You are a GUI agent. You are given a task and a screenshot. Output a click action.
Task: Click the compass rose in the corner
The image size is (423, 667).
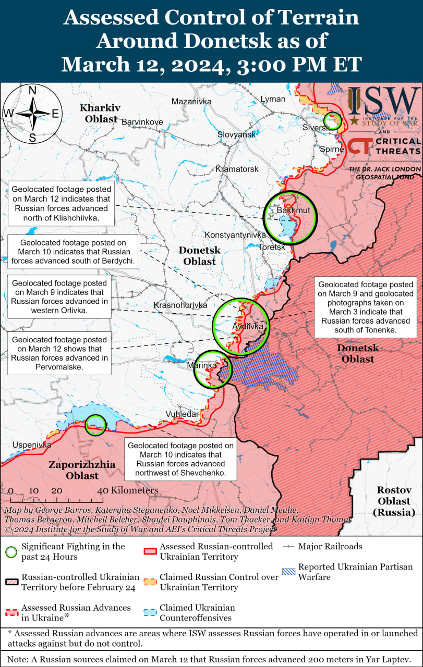(32, 113)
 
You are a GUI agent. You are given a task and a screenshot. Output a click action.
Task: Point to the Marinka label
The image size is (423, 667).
(201, 365)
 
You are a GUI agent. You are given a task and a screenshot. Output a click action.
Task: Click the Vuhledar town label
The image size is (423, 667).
(182, 414)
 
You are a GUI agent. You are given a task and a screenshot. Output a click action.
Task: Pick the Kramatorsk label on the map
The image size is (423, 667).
(237, 169)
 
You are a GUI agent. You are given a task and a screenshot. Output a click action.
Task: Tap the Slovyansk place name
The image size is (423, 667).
(237, 134)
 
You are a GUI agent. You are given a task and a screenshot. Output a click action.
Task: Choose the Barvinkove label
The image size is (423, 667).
(142, 122)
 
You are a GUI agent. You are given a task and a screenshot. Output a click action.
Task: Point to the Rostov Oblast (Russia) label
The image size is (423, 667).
(394, 501)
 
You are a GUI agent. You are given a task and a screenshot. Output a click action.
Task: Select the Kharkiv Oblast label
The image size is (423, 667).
(100, 113)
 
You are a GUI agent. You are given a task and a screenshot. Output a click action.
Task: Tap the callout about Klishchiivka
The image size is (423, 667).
(62, 203)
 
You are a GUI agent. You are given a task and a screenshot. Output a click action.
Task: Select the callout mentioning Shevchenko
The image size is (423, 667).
(180, 459)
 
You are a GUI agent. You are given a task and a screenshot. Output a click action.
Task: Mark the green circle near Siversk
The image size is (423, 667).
(332, 121)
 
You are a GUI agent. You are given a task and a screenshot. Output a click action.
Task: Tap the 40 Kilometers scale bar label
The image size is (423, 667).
(127, 490)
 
